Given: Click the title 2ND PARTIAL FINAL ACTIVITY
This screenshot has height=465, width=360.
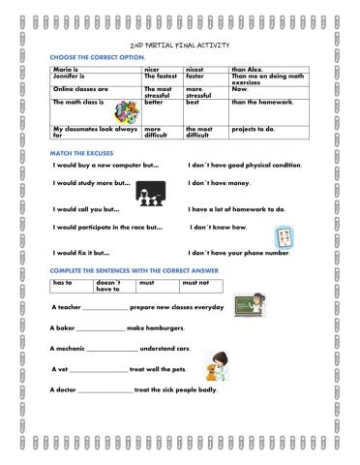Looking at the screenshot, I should tap(179, 46).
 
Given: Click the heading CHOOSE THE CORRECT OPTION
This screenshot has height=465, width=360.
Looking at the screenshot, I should tap(92, 57).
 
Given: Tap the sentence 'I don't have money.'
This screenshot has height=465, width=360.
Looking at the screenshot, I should tap(219, 183).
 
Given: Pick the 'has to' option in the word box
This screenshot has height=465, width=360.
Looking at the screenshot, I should tap(64, 282).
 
